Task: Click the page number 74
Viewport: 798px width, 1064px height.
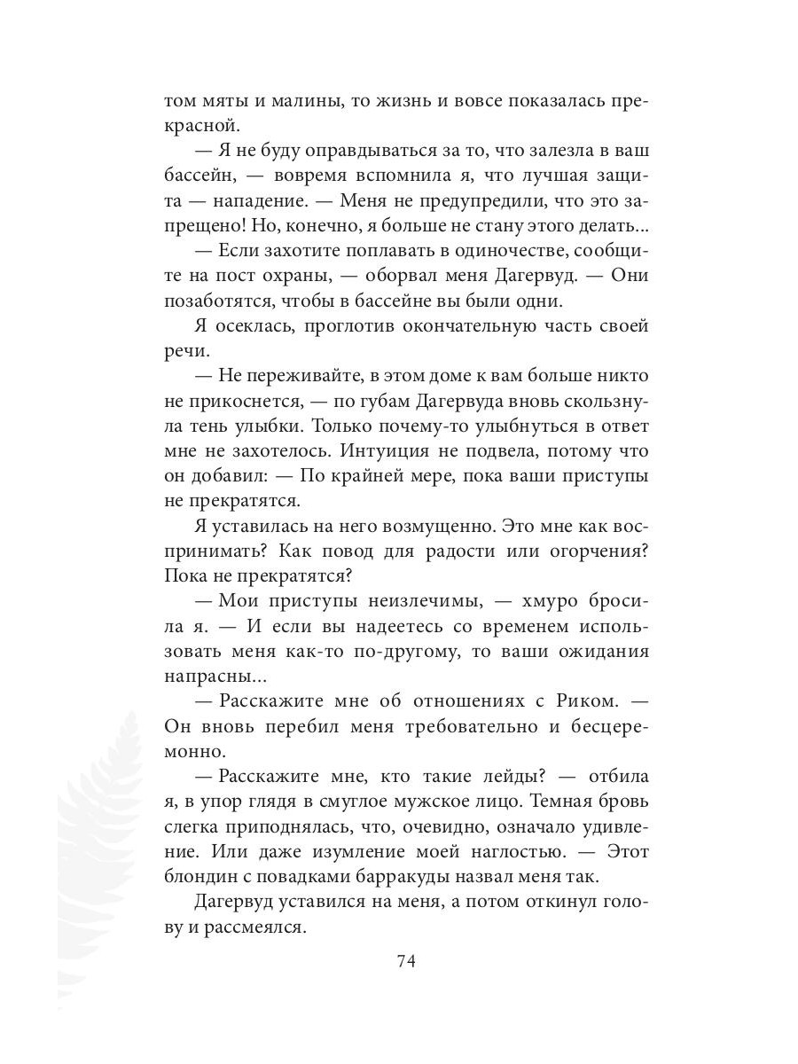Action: click(x=407, y=961)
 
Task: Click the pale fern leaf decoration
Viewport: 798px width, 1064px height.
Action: click(x=98, y=842)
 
